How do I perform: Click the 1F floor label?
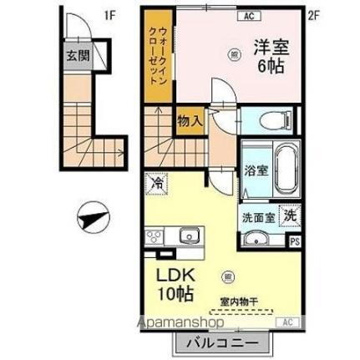click(x=109, y=14)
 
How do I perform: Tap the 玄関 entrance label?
click(x=79, y=58)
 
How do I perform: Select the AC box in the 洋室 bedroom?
click(x=248, y=15)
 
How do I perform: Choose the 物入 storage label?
click(x=190, y=120)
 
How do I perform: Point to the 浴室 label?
click(x=256, y=170)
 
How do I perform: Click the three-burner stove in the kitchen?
click(x=155, y=236)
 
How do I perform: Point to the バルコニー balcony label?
click(x=222, y=343)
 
